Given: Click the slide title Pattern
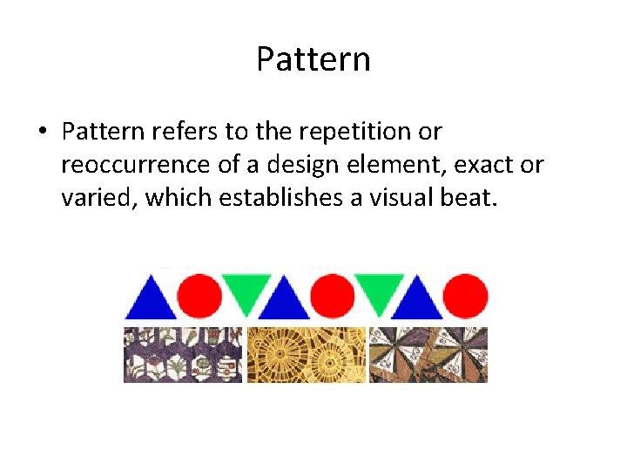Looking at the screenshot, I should pos(313,59).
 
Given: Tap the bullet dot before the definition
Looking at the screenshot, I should pos(42,133).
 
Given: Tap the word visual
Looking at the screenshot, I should pos(393,198).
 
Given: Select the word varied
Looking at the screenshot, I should pos(98,198).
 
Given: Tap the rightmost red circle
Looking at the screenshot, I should pos(466,296).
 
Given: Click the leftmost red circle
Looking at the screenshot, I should pos(199,296).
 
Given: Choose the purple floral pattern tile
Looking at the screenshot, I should pos(183,354).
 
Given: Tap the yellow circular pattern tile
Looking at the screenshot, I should pos(306,354).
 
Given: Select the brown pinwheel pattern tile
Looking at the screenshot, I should pos(428,354).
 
